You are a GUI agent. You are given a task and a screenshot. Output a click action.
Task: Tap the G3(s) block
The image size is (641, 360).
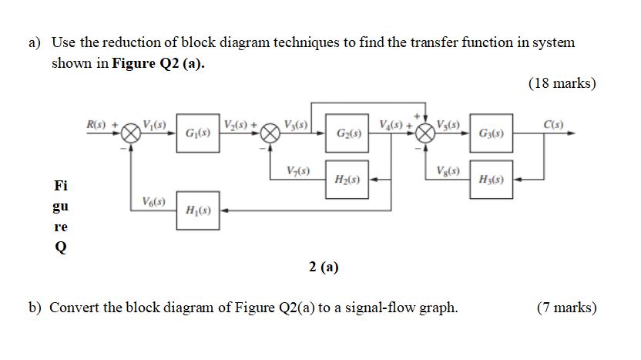pyautogui.click(x=491, y=133)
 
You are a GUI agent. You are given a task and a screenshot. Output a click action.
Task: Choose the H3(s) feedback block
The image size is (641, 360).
pyautogui.click(x=491, y=179)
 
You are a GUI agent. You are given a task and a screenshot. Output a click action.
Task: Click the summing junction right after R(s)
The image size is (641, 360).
pyautogui.click(x=132, y=133)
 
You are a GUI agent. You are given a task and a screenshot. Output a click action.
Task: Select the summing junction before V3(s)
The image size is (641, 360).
pyautogui.click(x=270, y=133)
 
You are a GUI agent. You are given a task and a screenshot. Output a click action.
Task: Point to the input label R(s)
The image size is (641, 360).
pyautogui.click(x=98, y=124)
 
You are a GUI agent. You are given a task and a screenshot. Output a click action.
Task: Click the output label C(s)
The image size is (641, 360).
pyautogui.click(x=552, y=124)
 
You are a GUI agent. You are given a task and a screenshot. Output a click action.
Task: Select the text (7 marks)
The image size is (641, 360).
pyautogui.click(x=565, y=308)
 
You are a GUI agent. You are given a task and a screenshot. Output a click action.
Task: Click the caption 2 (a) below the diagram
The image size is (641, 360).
pyautogui.click(x=324, y=267)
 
